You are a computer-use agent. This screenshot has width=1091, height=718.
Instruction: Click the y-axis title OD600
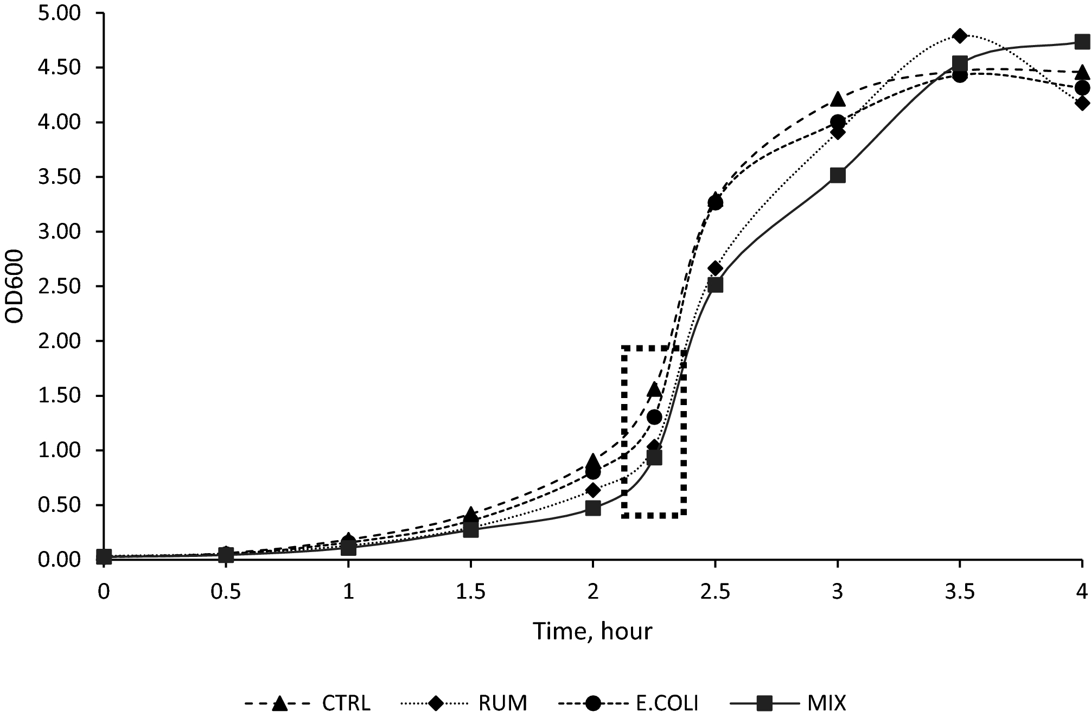click(15, 286)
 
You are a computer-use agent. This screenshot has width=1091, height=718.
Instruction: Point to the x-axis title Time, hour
click(592, 631)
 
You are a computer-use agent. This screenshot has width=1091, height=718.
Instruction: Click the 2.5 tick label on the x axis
click(715, 592)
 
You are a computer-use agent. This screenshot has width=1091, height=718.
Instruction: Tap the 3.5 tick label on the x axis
click(960, 592)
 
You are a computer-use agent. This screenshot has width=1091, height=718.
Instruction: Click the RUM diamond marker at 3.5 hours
click(960, 36)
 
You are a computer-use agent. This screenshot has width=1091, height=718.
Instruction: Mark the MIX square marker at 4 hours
click(1082, 42)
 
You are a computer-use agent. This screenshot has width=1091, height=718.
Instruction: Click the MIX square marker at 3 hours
click(838, 175)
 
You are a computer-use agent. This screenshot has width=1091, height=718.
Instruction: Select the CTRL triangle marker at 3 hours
click(838, 99)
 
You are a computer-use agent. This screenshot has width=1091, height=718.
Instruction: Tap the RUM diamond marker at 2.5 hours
click(715, 268)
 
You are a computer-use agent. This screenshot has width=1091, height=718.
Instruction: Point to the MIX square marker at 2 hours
click(593, 508)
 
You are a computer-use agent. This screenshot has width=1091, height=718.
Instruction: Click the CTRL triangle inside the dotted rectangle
click(654, 389)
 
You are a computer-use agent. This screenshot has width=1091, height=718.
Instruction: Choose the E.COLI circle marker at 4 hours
click(1082, 87)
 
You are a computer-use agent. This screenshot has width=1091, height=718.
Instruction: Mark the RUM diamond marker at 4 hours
click(1082, 103)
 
